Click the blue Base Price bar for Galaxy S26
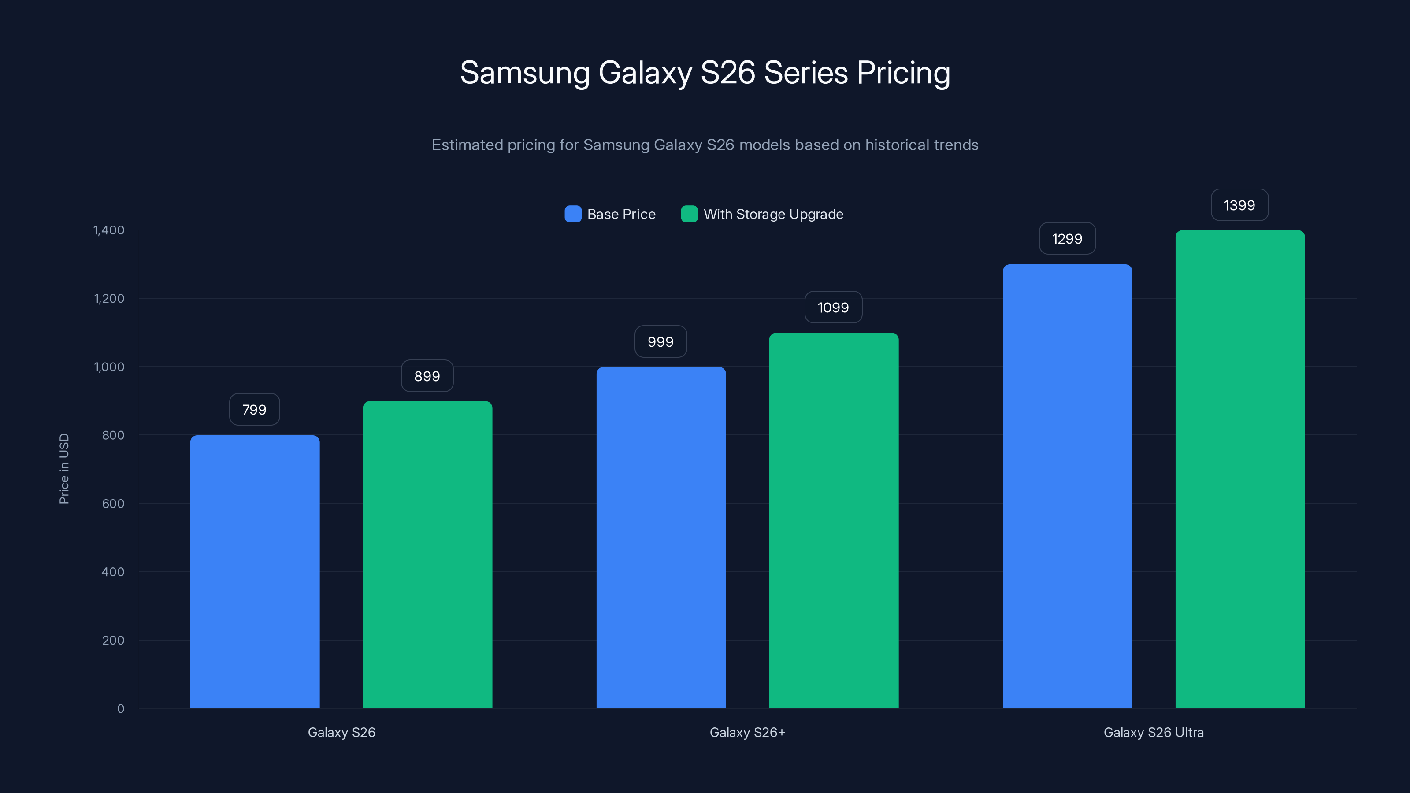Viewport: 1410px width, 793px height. pyautogui.click(x=255, y=571)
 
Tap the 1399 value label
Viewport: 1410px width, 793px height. pyautogui.click(x=1239, y=205)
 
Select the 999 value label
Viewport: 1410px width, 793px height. pyautogui.click(x=660, y=341)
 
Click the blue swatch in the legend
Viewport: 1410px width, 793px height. pyautogui.click(x=572, y=214)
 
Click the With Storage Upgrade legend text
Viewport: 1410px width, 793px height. pyautogui.click(x=773, y=214)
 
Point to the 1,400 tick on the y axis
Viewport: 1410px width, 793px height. pyautogui.click(x=109, y=230)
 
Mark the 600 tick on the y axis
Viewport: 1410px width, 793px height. pyautogui.click(x=113, y=504)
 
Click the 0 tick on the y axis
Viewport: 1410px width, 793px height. pyautogui.click(x=120, y=709)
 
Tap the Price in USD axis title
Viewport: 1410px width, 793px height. pyautogui.click(x=64, y=468)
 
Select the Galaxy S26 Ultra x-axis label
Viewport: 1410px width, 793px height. pyautogui.click(x=1153, y=732)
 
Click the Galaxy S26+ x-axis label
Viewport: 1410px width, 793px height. pyautogui.click(x=747, y=732)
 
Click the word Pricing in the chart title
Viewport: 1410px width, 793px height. pyautogui.click(x=903, y=73)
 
